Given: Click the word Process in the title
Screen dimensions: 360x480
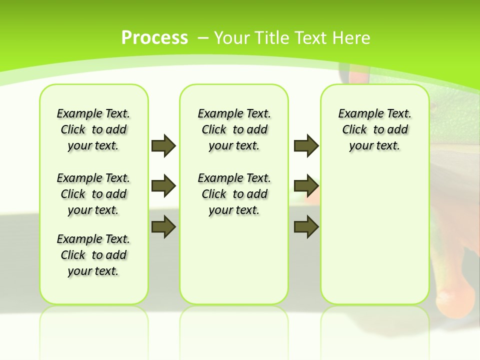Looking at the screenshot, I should point(154,38).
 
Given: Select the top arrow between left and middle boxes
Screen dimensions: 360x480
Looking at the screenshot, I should point(163,145).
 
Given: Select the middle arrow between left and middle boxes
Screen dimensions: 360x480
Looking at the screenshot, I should point(163,186).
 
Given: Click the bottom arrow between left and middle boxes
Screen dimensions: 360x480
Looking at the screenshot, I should point(163,226).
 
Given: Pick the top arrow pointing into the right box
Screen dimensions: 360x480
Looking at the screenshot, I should point(306,145).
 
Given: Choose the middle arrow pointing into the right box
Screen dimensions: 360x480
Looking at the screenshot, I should point(306,186).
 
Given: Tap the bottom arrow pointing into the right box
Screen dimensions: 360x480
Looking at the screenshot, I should point(306,226).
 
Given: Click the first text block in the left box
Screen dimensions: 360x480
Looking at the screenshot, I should point(93,129).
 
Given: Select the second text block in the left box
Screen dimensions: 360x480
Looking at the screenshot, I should point(93,194).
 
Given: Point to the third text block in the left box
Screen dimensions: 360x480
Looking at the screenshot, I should point(93,255).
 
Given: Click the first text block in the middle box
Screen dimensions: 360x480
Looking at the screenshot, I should point(234,129).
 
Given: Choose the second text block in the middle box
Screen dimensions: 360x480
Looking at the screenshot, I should point(234,194).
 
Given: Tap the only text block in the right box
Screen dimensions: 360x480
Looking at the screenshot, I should point(374,129).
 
